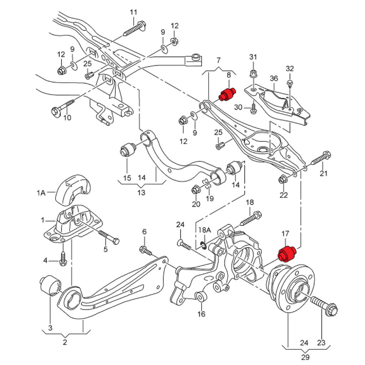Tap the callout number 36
(274, 78)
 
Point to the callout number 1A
(41, 193)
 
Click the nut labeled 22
(282, 180)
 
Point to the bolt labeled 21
(321, 159)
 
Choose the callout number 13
(142, 193)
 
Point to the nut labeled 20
(196, 189)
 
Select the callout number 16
(201, 314)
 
